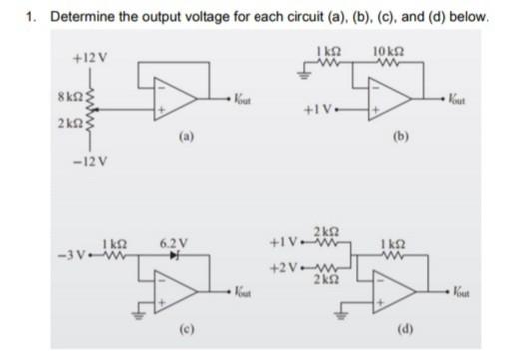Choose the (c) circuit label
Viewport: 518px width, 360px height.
(185, 324)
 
